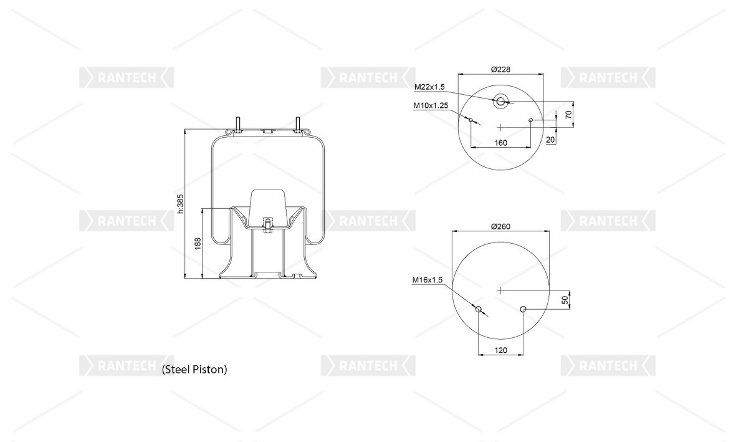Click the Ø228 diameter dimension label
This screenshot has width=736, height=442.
[x=500, y=70]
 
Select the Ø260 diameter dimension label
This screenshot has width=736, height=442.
[x=500, y=226]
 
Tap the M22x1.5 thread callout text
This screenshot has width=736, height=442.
[x=429, y=87]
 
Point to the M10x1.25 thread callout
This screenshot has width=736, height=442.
[x=431, y=106]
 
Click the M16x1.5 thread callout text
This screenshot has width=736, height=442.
[x=427, y=280]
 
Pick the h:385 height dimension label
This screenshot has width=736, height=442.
[x=181, y=204]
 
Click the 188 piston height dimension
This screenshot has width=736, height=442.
[x=198, y=244]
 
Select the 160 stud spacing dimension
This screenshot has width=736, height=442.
[x=501, y=143]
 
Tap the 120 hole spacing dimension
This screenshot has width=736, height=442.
[x=501, y=350]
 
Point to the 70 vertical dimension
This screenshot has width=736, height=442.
[x=569, y=114]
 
